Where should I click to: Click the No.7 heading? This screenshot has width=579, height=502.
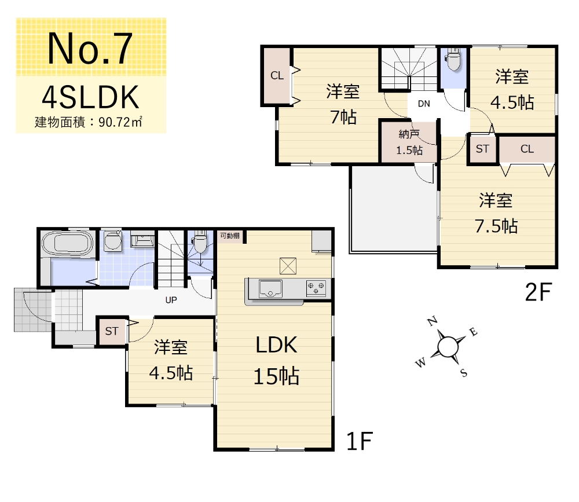click(90, 49)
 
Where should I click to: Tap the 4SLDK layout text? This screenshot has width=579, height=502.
click(90, 97)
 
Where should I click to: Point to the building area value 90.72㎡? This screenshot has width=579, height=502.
click(120, 122)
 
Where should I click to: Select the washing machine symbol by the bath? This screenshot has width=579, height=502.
click(113, 241)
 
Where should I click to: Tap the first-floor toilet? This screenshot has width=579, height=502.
click(200, 243)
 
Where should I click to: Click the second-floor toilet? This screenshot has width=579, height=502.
click(453, 60)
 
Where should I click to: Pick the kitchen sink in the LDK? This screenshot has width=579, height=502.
click(270, 288)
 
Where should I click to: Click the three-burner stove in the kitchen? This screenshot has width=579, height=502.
click(316, 288)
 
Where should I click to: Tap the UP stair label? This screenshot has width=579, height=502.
click(171, 300)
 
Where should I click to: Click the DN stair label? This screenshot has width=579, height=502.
click(424, 104)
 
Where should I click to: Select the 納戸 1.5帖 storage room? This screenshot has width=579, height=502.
click(409, 142)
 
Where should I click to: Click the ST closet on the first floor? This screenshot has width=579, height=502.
click(112, 331)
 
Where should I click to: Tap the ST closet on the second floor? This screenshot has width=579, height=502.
click(482, 149)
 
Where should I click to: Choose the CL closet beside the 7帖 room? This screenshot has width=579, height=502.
click(277, 76)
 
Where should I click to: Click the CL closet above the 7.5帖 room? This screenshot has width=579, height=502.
click(527, 149)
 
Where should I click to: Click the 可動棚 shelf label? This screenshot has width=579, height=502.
click(230, 235)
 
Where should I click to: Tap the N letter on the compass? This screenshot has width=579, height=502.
click(433, 321)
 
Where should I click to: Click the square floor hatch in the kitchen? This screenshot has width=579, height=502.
click(288, 266)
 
